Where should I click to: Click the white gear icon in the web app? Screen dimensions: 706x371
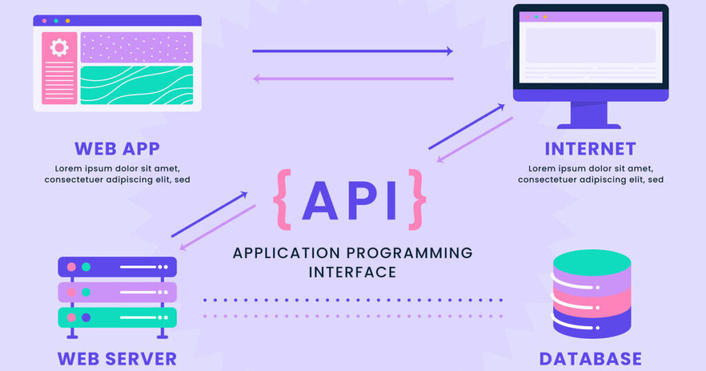pyautogui.click(x=59, y=48)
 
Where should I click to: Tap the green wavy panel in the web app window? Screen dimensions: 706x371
pyautogui.click(x=137, y=85)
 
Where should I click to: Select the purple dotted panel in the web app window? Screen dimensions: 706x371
pyautogui.click(x=137, y=48)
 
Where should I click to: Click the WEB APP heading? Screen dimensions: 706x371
pyautogui.click(x=117, y=148)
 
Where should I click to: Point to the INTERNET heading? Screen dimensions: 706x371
pyautogui.click(x=590, y=148)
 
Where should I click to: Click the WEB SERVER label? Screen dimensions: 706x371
pyautogui.click(x=117, y=359)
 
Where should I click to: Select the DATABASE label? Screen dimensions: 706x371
pyautogui.click(x=590, y=359)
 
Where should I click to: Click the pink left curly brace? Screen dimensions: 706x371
pyautogui.click(x=283, y=199)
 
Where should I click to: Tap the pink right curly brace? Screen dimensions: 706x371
pyautogui.click(x=417, y=199)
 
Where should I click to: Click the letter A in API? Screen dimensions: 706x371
pyautogui.click(x=320, y=201)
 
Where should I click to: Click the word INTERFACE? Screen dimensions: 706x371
pyautogui.click(x=352, y=272)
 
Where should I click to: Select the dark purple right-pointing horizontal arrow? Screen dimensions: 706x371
pyautogui.click(x=352, y=51)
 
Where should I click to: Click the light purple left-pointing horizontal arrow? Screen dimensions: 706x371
pyautogui.click(x=353, y=79)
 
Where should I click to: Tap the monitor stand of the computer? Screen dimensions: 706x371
pyautogui.click(x=589, y=115)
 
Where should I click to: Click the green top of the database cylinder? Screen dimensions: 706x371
pyautogui.click(x=592, y=263)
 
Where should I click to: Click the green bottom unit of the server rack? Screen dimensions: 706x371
pyautogui.click(x=117, y=317)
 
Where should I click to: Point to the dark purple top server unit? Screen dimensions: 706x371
pyautogui.click(x=117, y=267)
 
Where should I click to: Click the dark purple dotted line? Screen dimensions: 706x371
pyautogui.click(x=353, y=300)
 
